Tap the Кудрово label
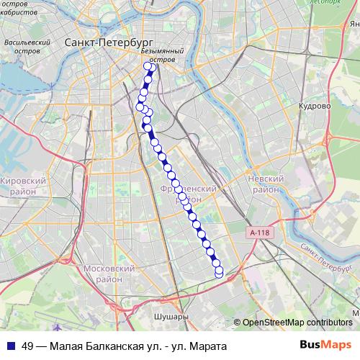coord(315,105)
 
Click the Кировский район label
coord(23,186)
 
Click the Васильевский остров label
coord(26,48)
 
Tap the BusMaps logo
coord(325,346)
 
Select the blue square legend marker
coord(11,346)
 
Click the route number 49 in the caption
coord(28,346)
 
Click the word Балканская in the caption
coord(107,346)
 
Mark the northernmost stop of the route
coord(150,68)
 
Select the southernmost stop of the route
coord(219,273)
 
